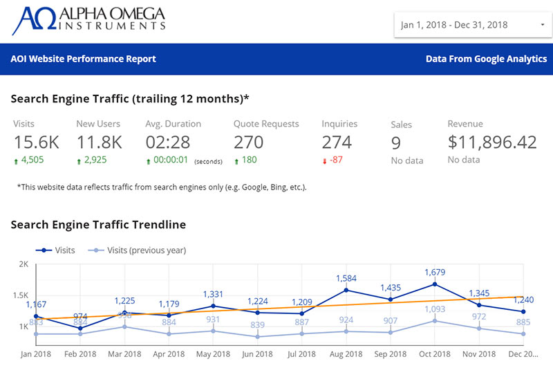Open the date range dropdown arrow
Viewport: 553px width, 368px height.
[x=542, y=25]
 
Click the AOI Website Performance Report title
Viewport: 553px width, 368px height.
[x=83, y=59]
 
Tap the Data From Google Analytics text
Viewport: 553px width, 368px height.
[x=486, y=59]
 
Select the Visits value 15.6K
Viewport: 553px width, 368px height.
[x=37, y=142]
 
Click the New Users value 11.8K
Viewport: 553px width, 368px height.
[x=99, y=142]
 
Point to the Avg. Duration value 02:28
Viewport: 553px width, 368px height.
[x=167, y=142]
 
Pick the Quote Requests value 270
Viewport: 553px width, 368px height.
[x=248, y=142]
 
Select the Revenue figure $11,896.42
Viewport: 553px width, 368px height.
[x=492, y=142]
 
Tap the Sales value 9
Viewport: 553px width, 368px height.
[x=396, y=143]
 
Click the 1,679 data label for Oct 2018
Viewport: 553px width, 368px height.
[x=434, y=272]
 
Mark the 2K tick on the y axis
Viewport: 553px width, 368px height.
[x=23, y=265]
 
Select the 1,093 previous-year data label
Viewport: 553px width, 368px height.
[x=434, y=309]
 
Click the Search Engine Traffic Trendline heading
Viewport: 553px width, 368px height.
[x=98, y=224]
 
